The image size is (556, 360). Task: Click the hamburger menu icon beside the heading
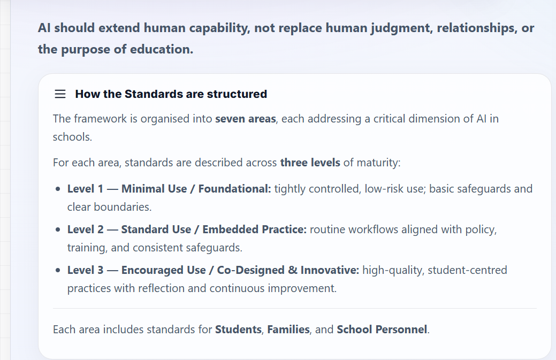click(60, 94)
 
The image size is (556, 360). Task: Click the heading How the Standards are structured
click(171, 94)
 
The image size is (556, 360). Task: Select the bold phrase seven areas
click(246, 118)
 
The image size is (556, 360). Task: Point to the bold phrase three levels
click(310, 162)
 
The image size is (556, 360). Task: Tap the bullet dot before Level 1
click(58, 189)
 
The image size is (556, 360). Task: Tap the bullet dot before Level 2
click(58, 230)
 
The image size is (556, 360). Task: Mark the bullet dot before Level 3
click(58, 271)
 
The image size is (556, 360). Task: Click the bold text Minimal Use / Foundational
click(196, 189)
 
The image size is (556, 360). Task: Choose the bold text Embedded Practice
click(254, 229)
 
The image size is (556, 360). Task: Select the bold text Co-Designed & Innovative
click(288, 270)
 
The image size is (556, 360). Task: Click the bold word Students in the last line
click(238, 330)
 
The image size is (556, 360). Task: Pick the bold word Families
click(288, 330)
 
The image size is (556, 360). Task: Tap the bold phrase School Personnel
click(382, 330)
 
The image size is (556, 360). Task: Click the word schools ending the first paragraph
click(72, 137)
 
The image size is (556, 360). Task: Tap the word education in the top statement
click(165, 50)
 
